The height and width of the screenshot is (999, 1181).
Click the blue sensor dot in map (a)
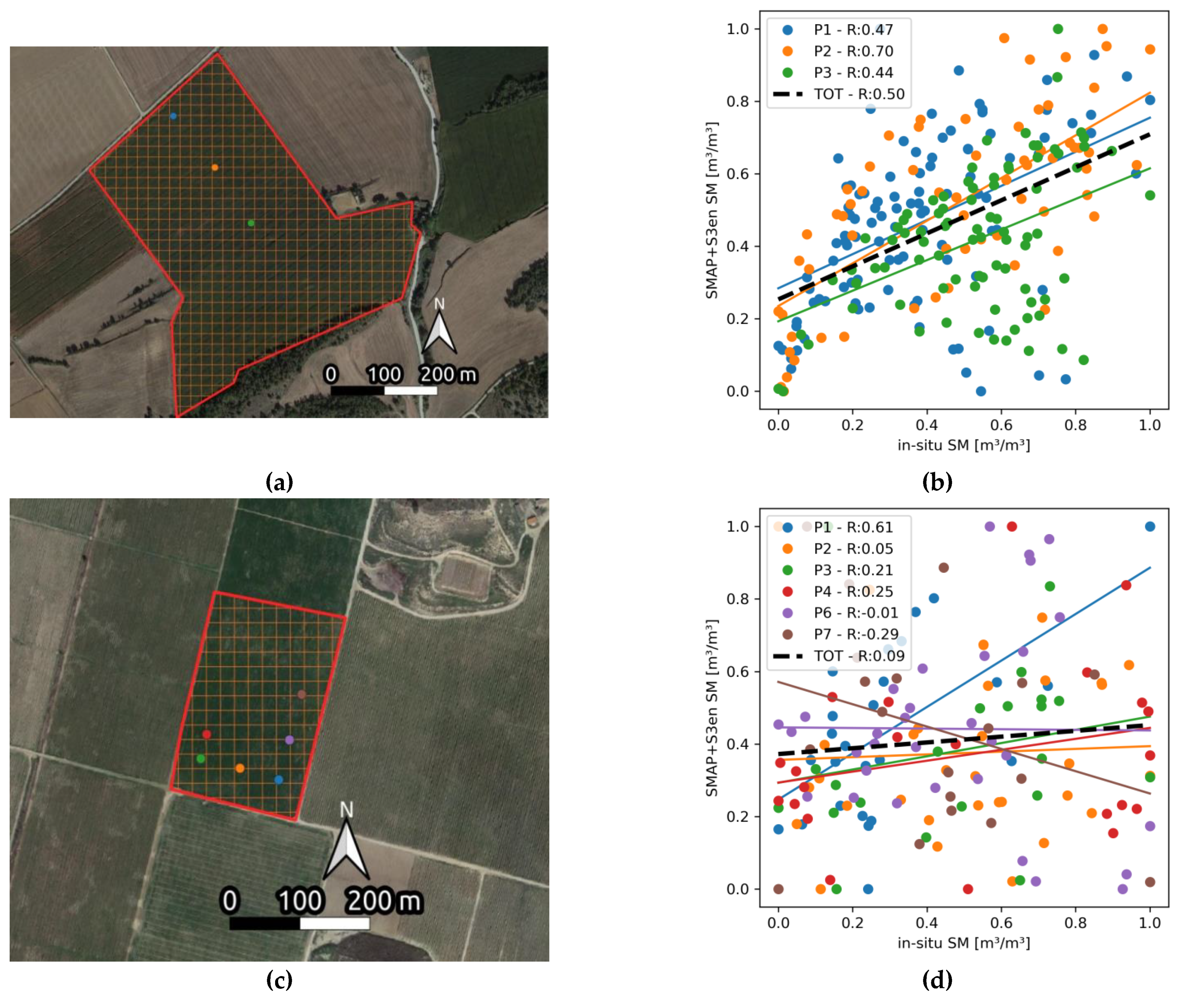pyautogui.click(x=173, y=116)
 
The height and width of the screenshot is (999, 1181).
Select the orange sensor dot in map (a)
pyautogui.click(x=215, y=167)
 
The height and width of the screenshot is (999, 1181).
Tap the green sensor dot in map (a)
pyautogui.click(x=251, y=223)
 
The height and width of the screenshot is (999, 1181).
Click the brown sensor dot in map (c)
pyautogui.click(x=301, y=694)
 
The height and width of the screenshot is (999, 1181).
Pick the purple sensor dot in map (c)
pyautogui.click(x=290, y=740)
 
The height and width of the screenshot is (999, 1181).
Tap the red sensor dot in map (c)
pyautogui.click(x=207, y=734)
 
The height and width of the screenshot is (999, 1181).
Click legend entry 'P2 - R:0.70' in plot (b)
pyautogui.click(x=853, y=51)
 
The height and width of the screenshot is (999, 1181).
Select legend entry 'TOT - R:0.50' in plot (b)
pyautogui.click(x=859, y=94)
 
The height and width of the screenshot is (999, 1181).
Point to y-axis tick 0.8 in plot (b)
pyautogui.click(x=738, y=101)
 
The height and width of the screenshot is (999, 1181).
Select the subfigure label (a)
pyautogui.click(x=279, y=482)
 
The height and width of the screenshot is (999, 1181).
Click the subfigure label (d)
pyautogui.click(x=937, y=979)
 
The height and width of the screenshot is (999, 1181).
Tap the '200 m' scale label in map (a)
pyautogui.click(x=448, y=374)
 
